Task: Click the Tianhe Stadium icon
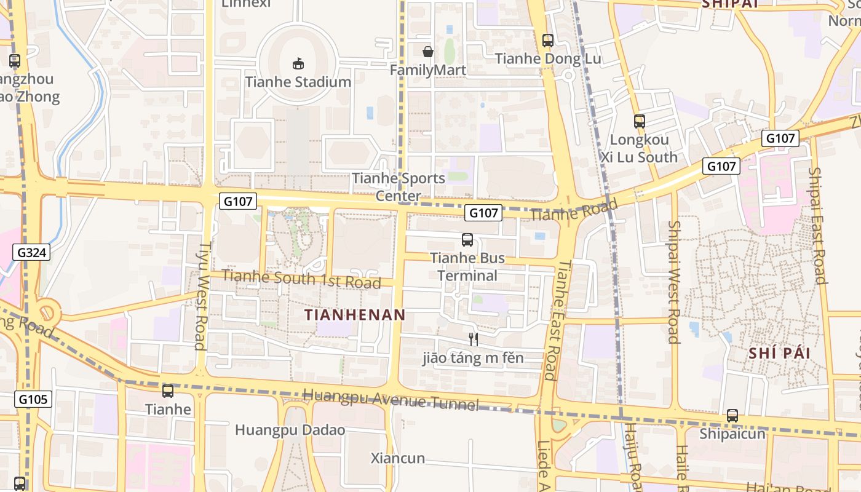coord(298,63)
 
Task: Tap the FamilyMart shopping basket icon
coord(428,52)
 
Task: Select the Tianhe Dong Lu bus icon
coord(548,41)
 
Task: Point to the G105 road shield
coord(33,399)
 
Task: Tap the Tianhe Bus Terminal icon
coord(467,240)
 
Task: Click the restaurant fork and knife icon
coord(474,339)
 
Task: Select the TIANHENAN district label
coord(355,315)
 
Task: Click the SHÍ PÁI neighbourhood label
coord(779,353)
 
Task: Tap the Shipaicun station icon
coord(732,416)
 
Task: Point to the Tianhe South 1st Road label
coord(301,279)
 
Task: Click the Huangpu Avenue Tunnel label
coord(391,399)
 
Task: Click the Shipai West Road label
coord(673,282)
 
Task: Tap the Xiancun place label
coord(398,458)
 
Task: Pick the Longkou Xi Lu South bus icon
coord(640,121)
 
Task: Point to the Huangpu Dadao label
coord(290,430)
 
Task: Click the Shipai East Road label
coord(817,225)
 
